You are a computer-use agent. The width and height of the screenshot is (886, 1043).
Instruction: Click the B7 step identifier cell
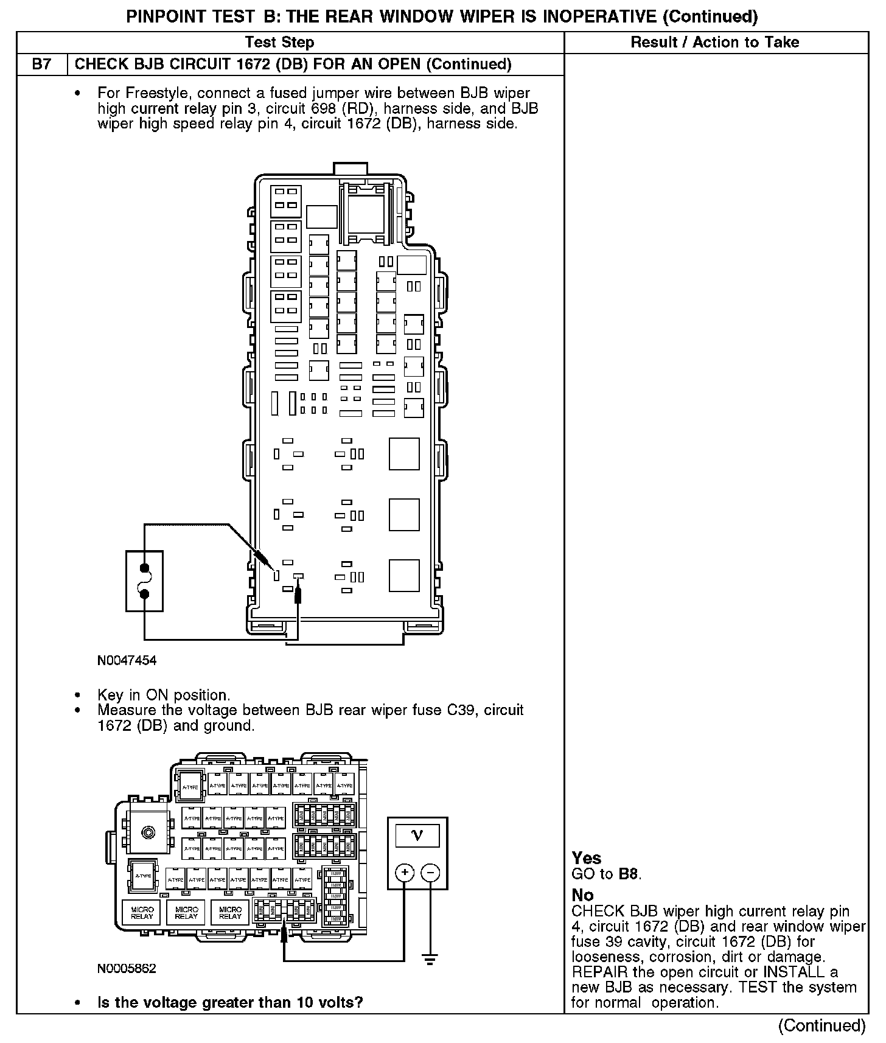click(41, 64)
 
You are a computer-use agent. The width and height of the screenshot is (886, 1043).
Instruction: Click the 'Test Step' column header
click(279, 42)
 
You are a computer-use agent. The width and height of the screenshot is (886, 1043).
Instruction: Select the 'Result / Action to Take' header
click(714, 42)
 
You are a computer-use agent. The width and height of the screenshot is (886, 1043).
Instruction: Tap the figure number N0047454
click(127, 660)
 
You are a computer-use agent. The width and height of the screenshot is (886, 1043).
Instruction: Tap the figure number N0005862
click(127, 969)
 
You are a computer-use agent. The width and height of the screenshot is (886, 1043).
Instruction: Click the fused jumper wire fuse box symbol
click(144, 581)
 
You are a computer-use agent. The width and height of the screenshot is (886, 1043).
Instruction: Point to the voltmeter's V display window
click(417, 835)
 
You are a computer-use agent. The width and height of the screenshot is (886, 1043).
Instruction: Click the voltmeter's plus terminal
click(404, 873)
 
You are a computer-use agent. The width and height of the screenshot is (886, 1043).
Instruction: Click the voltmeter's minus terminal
click(430, 873)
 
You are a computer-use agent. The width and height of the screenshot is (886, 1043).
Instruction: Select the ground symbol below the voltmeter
click(430, 961)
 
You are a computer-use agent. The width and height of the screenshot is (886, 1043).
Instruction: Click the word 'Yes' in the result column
click(587, 858)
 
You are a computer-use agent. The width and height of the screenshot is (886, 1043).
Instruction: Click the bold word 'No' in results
click(582, 895)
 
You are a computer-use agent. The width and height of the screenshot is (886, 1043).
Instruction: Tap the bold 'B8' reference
click(629, 874)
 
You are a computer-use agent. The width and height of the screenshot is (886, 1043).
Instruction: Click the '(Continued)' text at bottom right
click(821, 1026)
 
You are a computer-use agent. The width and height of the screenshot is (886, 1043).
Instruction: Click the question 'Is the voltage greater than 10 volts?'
click(230, 1002)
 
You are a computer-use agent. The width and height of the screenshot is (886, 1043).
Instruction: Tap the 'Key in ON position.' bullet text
click(164, 695)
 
